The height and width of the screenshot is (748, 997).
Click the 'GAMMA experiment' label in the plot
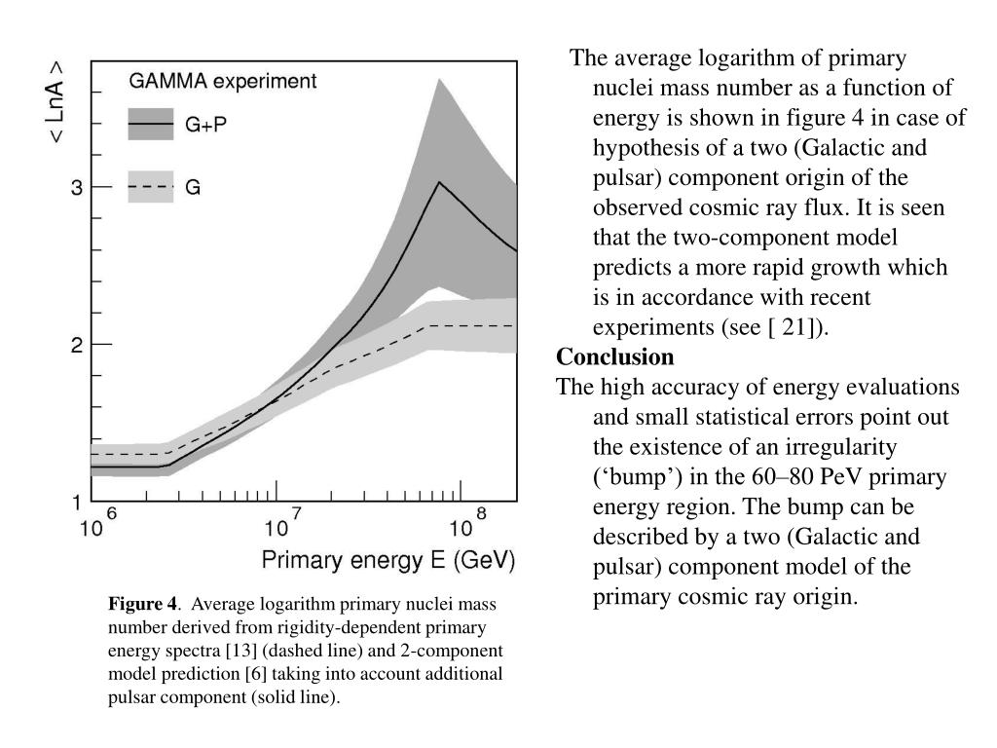[223, 82]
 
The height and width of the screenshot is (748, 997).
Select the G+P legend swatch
[151, 124]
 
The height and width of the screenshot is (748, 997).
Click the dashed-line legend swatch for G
[151, 186]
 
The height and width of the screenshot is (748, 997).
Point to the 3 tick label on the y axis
[77, 187]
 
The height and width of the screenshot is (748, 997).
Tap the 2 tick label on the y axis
[77, 346]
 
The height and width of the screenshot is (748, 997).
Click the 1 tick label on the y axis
[77, 503]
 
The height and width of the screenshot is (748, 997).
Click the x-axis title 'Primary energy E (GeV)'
[388, 560]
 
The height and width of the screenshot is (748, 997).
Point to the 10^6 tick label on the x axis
[98, 523]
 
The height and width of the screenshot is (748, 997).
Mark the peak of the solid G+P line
[439, 182]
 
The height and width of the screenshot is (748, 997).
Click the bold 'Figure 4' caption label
[143, 604]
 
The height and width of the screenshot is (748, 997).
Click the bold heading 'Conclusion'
[615, 356]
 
